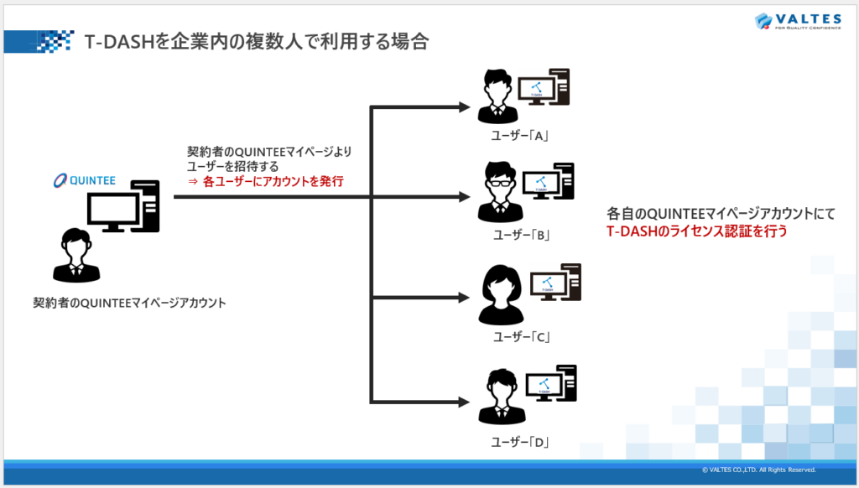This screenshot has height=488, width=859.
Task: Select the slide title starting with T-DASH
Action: click(257, 42)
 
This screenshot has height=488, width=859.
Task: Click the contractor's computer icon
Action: click(122, 207)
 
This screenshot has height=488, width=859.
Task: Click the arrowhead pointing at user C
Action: click(464, 297)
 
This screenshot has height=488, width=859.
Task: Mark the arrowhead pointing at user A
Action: click(464, 106)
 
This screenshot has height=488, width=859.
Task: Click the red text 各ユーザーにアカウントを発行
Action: click(273, 181)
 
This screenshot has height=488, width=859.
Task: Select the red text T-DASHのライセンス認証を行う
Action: click(697, 231)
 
